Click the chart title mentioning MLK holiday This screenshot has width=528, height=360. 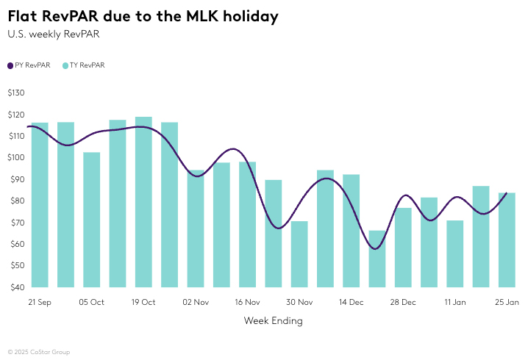(x=143, y=16)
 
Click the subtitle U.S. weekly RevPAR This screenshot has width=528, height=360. (x=53, y=34)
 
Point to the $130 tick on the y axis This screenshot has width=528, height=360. (x=16, y=93)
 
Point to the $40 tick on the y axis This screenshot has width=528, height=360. (x=16, y=287)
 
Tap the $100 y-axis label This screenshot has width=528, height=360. (x=16, y=157)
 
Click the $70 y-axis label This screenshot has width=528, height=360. (x=16, y=223)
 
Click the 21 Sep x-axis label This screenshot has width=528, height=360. (x=40, y=302)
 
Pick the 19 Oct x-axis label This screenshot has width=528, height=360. (x=143, y=302)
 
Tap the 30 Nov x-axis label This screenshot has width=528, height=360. (x=299, y=302)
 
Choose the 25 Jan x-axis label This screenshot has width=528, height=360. (x=507, y=302)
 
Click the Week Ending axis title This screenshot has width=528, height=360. (x=273, y=321)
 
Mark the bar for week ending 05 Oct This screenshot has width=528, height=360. (x=91, y=220)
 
